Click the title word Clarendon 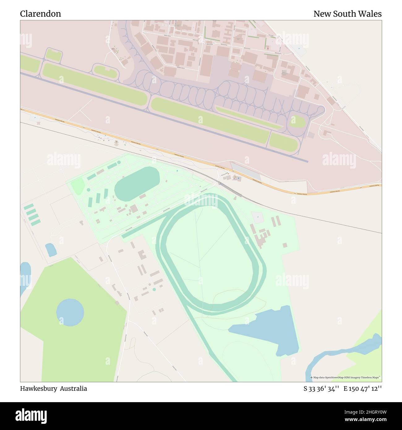[x=41, y=14]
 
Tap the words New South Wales [x=347, y=14]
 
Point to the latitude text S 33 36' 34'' [x=322, y=389]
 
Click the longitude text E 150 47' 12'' [x=362, y=389]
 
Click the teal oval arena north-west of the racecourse [x=137, y=183]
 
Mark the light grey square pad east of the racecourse [x=257, y=217]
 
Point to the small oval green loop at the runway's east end [x=297, y=121]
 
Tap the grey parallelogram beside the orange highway [x=246, y=171]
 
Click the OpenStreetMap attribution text [x=346, y=377]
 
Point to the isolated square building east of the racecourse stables [x=285, y=245]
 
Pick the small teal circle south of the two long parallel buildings [x=154, y=290]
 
